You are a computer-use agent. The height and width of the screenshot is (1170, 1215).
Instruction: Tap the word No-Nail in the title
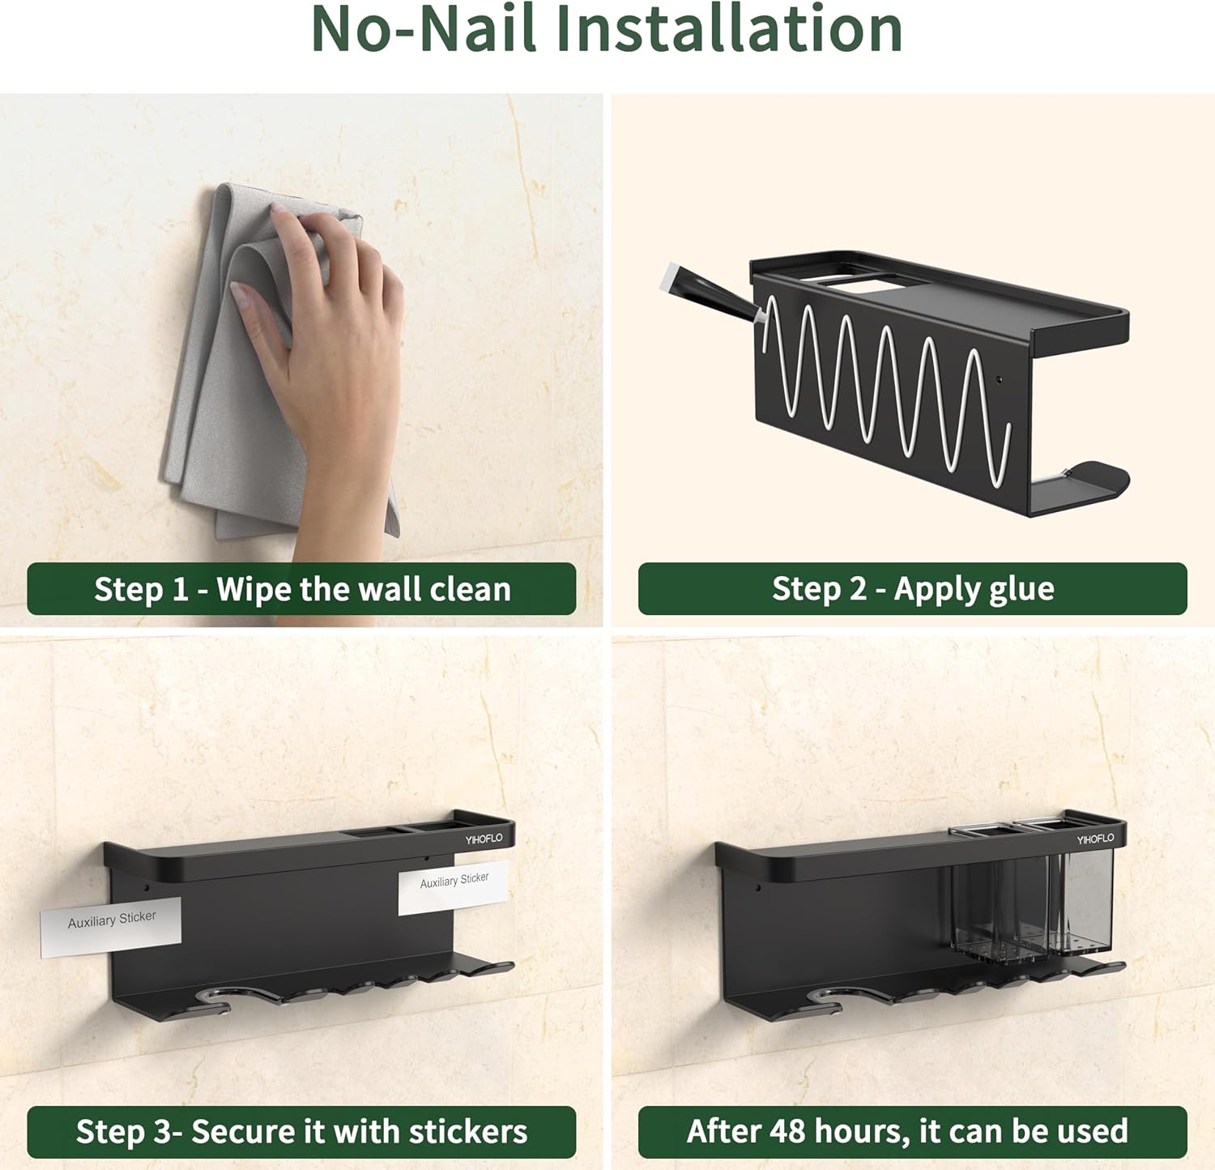click(424, 29)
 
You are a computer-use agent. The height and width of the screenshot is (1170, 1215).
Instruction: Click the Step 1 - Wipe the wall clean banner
click(301, 589)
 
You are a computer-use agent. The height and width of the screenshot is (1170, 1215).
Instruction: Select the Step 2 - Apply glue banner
click(913, 589)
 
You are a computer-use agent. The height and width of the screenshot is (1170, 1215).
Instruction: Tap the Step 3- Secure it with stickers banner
click(301, 1132)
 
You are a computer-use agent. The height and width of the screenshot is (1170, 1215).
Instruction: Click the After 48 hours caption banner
click(913, 1132)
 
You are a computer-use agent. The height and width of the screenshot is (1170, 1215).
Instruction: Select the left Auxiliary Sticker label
click(112, 926)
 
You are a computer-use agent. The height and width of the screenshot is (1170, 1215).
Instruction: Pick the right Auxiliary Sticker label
click(454, 886)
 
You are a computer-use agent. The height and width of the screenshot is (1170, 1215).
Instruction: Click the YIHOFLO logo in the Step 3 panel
click(484, 839)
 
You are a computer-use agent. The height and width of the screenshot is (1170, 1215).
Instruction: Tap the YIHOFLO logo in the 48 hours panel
click(1095, 839)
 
